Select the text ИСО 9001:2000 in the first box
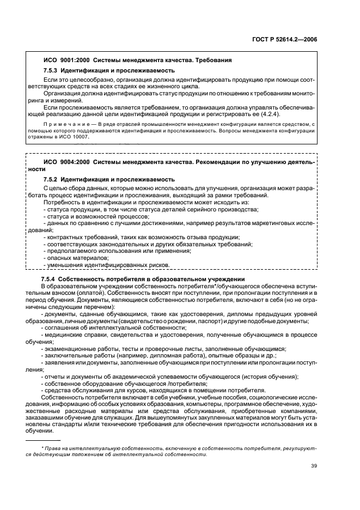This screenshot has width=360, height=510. pos(64,60)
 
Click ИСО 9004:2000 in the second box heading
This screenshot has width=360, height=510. pos(64,162)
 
